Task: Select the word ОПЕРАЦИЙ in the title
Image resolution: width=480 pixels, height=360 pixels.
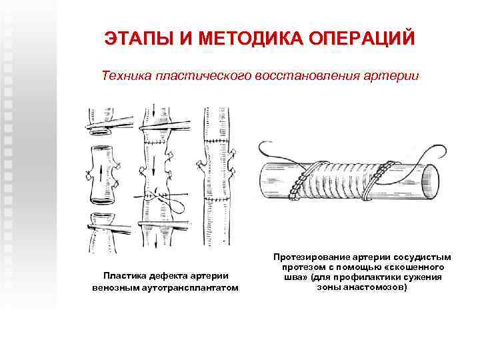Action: coord(365,38)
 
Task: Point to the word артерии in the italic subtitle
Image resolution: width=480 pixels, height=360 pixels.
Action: coord(394,76)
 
